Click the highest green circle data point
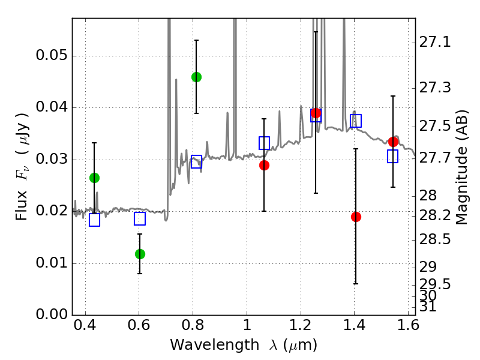click(x=196, y=77)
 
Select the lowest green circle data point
click(x=140, y=254)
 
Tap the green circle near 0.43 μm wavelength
click(x=94, y=178)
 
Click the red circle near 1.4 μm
click(x=356, y=217)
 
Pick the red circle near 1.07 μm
click(x=264, y=165)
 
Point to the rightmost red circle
click(x=393, y=142)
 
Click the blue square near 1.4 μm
click(x=356, y=121)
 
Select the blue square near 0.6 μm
click(x=140, y=218)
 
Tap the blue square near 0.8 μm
click(x=196, y=161)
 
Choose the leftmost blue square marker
click(x=94, y=220)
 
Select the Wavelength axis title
click(x=244, y=346)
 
